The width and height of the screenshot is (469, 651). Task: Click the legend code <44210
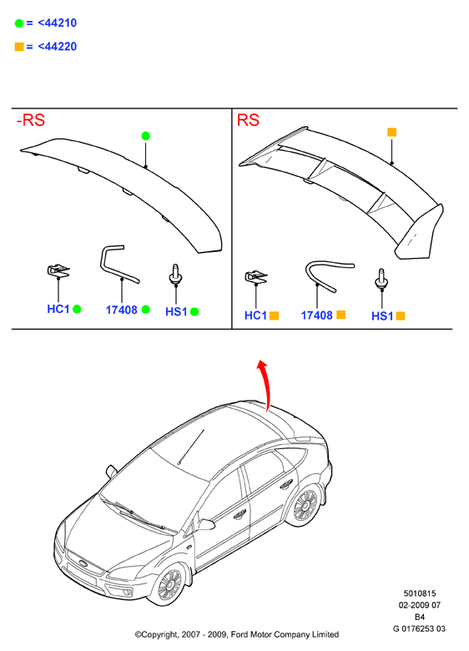pyautogui.click(x=58, y=23)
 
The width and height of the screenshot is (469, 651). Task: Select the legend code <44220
pyautogui.click(x=58, y=46)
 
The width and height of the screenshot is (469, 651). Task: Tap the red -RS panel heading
pyautogui.click(x=31, y=120)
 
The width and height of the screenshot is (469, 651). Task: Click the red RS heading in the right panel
pyautogui.click(x=248, y=120)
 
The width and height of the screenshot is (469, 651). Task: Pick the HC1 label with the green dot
pyautogui.click(x=58, y=309)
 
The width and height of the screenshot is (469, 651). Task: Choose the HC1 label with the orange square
pyautogui.click(x=255, y=315)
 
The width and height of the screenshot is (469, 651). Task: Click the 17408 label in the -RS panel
pyautogui.click(x=121, y=310)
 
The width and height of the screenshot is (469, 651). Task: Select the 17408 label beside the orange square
pyautogui.click(x=316, y=315)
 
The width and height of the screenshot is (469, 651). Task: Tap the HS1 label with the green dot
pyautogui.click(x=176, y=311)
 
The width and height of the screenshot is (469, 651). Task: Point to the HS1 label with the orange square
pyautogui.click(x=382, y=316)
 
